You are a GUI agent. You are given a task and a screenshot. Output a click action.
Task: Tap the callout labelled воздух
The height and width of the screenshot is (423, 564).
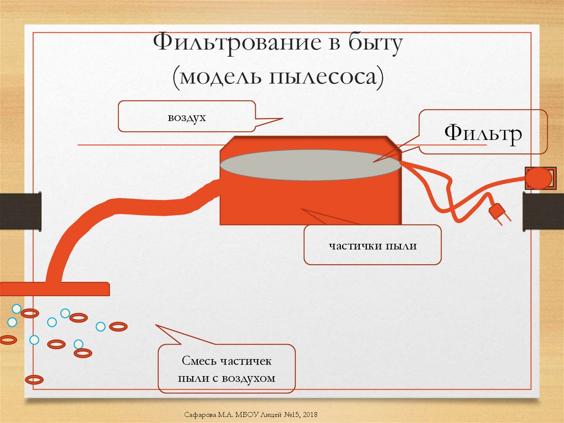186,116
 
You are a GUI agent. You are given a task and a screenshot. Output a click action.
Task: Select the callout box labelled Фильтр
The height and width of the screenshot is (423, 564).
483,132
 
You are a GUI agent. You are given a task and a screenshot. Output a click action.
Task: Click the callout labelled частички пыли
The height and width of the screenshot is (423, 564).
373,245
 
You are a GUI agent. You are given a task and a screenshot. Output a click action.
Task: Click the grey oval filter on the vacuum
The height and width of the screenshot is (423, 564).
310,164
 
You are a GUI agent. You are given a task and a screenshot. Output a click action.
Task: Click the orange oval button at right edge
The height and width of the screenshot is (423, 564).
538,178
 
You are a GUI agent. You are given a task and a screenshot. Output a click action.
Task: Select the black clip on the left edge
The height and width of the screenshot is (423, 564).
20,211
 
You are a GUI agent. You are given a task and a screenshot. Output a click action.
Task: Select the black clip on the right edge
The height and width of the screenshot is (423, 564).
543,212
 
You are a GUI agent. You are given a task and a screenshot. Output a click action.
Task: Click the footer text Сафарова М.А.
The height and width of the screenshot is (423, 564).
208,414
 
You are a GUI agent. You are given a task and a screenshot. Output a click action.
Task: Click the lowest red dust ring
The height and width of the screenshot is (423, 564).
35,379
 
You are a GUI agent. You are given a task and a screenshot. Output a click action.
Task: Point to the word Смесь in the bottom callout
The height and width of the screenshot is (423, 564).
199,361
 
